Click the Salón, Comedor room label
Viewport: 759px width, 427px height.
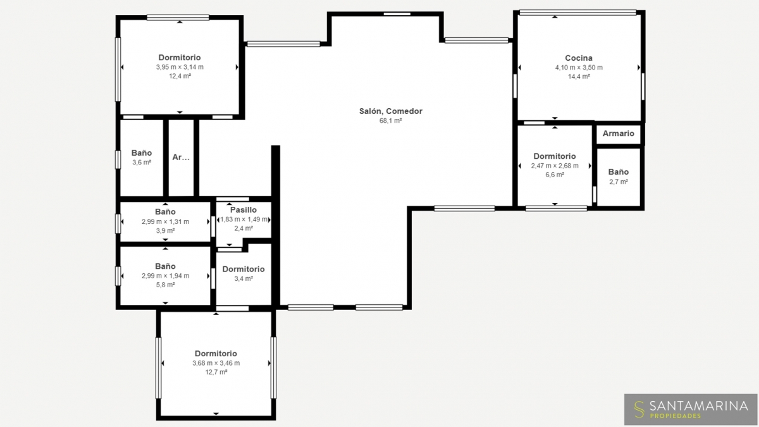[x=391, y=111]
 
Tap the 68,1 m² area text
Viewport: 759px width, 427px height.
[x=391, y=121]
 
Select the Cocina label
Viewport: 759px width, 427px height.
[x=579, y=58]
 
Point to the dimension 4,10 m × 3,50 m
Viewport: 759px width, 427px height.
[x=579, y=68]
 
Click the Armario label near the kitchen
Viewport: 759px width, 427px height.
[x=619, y=133]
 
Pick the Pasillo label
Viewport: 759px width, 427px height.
[x=244, y=210]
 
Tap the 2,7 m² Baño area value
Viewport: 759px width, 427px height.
[x=619, y=182]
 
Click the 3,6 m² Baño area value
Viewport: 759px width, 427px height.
[x=142, y=163]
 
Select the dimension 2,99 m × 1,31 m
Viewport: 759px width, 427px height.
[x=165, y=221]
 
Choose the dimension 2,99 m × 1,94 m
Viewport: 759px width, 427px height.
[x=165, y=276]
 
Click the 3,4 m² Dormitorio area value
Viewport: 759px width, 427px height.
[x=244, y=278]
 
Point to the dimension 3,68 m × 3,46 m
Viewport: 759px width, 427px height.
[x=216, y=363]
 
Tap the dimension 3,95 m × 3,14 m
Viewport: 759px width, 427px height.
[x=180, y=67]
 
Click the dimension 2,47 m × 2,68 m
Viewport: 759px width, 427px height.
[x=555, y=166]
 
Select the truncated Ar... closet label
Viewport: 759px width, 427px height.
[x=181, y=158]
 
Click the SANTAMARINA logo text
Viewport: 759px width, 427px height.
[x=699, y=405]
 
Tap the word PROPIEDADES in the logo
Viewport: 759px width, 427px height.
[x=676, y=416]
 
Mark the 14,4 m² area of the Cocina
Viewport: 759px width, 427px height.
[x=579, y=77]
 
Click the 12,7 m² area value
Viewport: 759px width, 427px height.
[x=216, y=372]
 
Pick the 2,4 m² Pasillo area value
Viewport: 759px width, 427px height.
[x=244, y=228]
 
